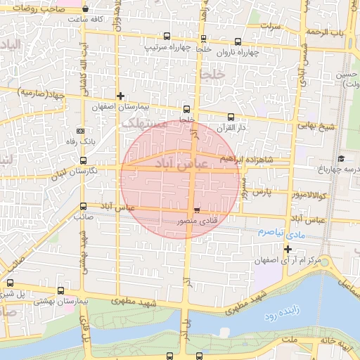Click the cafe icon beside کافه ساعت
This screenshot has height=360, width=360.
pos(85,10)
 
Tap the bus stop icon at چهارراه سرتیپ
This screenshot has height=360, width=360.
pos(167,36)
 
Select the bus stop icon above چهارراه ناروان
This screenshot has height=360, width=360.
pos(204,39)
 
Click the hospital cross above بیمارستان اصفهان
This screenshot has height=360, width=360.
pos(120,96)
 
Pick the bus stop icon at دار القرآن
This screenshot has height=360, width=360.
pos(231,117)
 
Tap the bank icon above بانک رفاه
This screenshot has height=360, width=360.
pos(81,131)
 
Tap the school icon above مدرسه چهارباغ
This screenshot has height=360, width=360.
pos(341,158)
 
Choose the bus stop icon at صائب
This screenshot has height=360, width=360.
pos(84,207)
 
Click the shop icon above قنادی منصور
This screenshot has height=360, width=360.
pos(196,210)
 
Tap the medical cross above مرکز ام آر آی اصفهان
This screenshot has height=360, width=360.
pos(288,249)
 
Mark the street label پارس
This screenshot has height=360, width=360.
pos(262,191)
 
